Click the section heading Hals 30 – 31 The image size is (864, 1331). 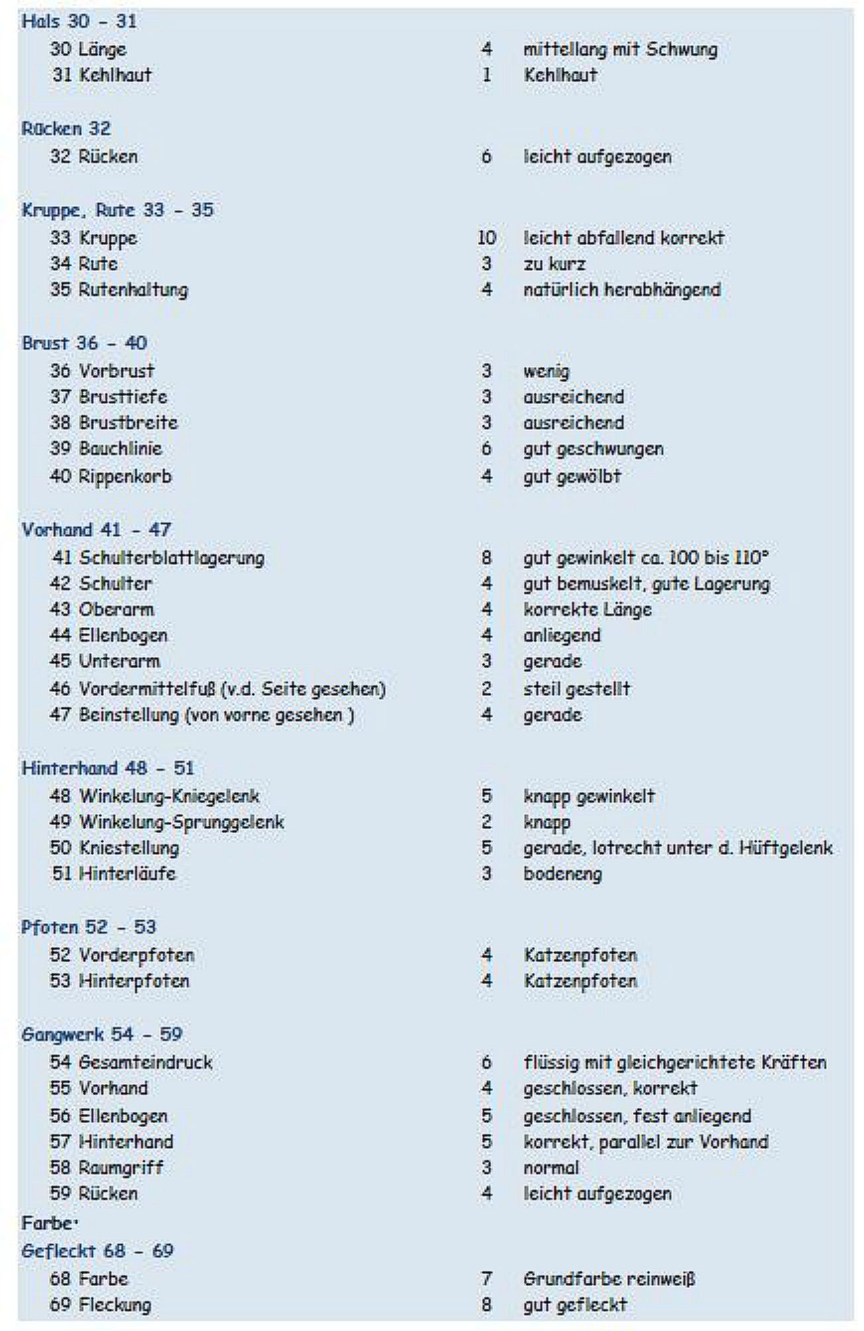(x=79, y=22)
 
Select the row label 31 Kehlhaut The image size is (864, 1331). (x=101, y=75)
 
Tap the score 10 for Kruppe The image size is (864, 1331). (x=487, y=238)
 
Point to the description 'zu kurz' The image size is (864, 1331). (x=554, y=264)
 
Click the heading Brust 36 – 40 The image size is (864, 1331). (x=84, y=343)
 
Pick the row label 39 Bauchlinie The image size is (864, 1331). (x=106, y=448)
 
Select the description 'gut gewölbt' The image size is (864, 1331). (x=572, y=476)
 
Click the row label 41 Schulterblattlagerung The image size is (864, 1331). (x=158, y=558)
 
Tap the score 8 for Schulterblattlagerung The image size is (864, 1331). (x=487, y=558)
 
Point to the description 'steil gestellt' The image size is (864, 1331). (x=577, y=689)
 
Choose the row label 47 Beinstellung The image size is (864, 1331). (x=201, y=715)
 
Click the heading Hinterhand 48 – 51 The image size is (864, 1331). (x=108, y=768)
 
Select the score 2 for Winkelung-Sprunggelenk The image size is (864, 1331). (x=487, y=822)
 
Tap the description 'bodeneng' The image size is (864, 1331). (x=563, y=874)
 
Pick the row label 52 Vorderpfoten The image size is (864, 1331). (x=122, y=955)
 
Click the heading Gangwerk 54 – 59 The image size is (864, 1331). (x=102, y=1034)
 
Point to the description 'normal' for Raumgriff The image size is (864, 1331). (x=551, y=1167)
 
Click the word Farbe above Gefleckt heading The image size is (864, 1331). (x=48, y=1222)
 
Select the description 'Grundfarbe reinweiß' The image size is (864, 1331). (x=609, y=1279)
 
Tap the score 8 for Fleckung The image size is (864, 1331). (x=487, y=1305)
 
